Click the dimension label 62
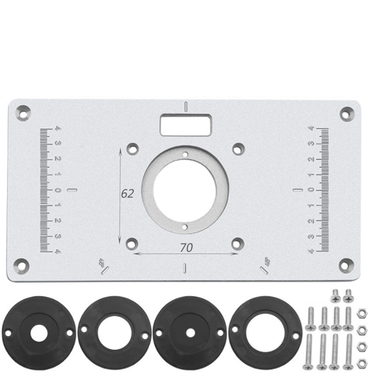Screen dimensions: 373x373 pos(127,194)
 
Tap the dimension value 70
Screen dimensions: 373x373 pos(186,247)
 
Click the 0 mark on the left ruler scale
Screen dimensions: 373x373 pos(57,190)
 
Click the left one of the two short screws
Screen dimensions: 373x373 pos(335,296)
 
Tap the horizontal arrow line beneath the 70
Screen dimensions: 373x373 pos(186,254)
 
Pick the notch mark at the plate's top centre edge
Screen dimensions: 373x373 pos(186,106)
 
